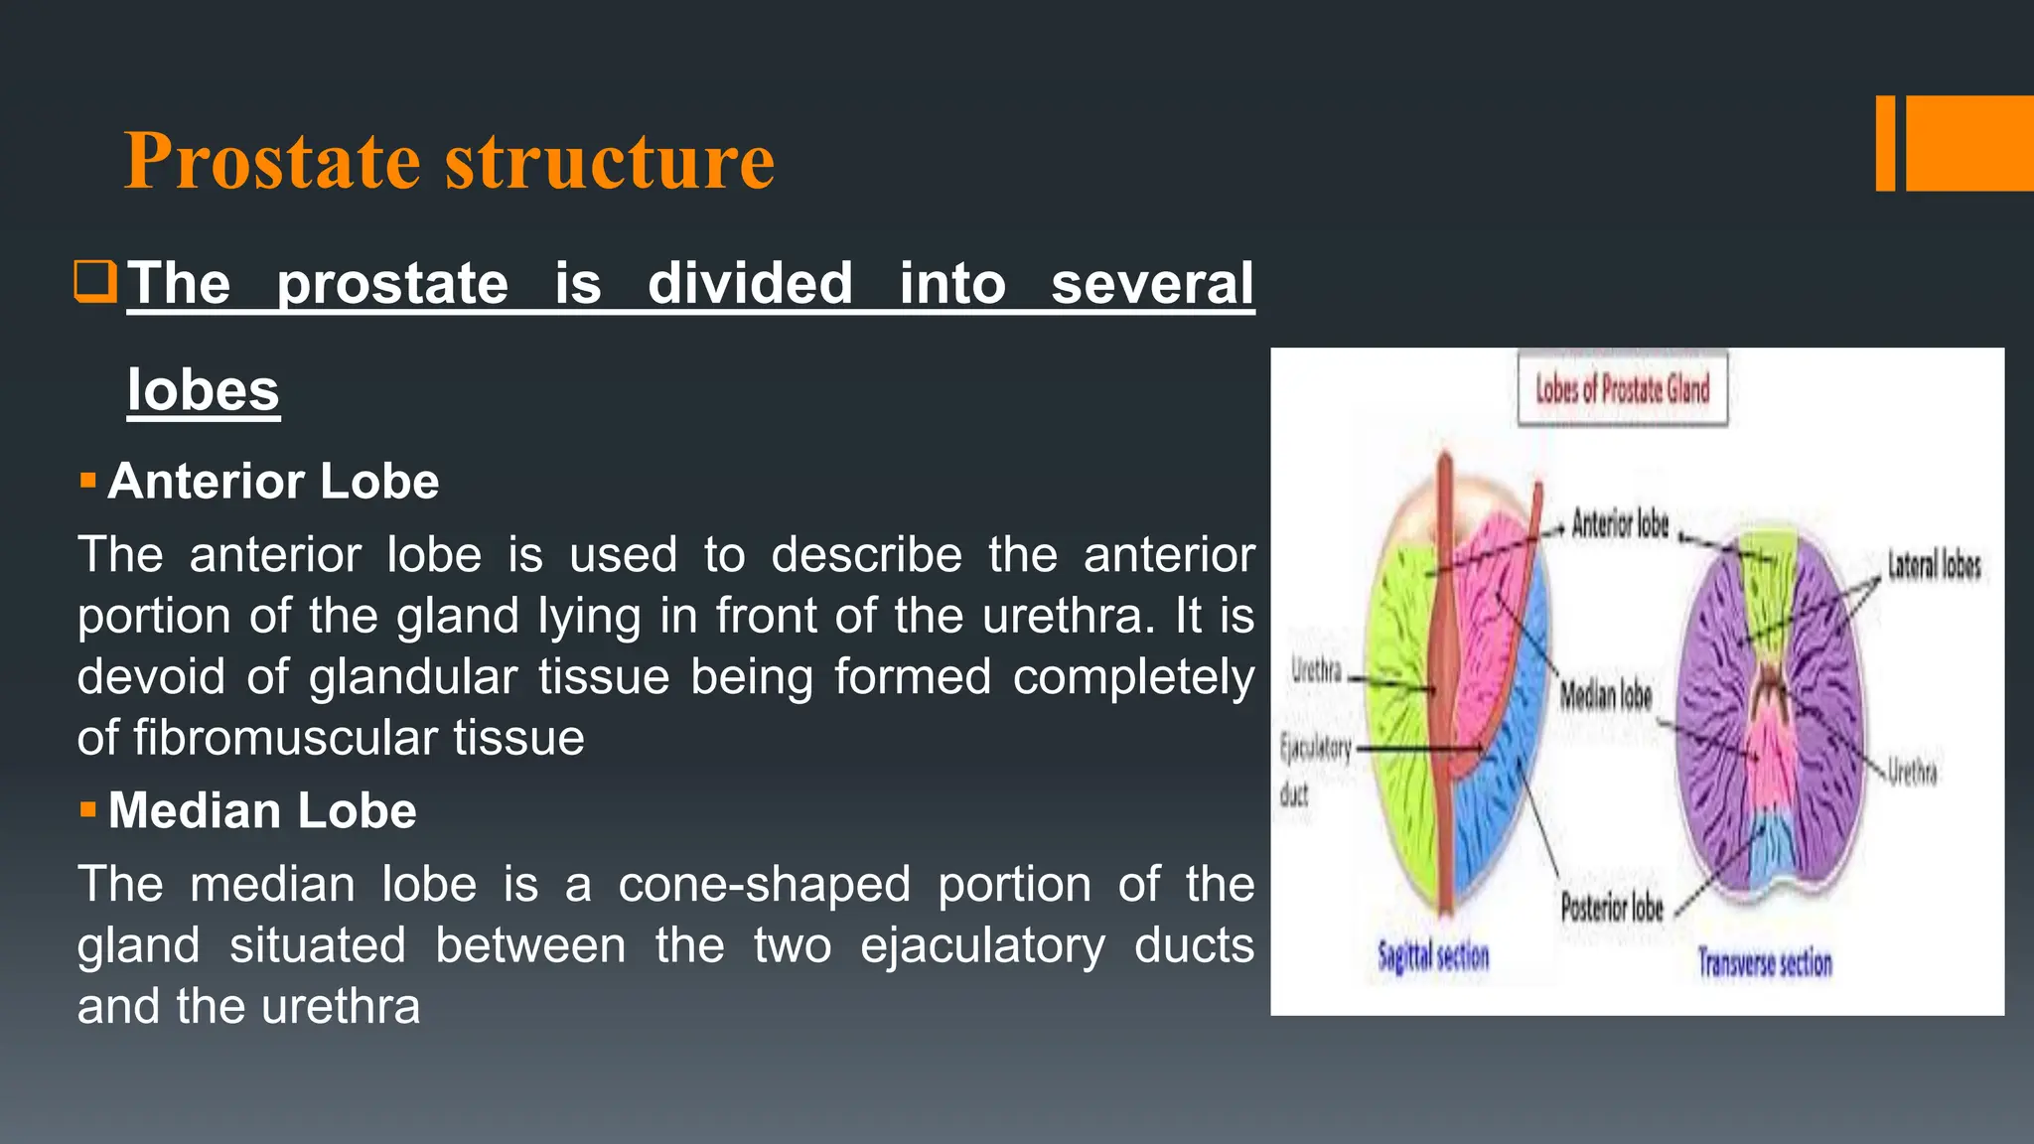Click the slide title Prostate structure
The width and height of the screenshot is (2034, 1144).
coord(449,160)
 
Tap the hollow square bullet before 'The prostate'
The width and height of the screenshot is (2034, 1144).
coord(96,281)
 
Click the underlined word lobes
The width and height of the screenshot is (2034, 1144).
coord(204,390)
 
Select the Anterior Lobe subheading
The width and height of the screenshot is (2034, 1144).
coord(273,482)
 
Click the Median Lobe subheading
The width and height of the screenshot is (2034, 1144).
coord(262,811)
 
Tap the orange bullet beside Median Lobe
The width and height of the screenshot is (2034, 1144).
coord(88,810)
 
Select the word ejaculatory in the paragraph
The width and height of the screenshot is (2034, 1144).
coord(982,945)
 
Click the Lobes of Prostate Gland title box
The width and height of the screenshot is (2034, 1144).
coord(1622,389)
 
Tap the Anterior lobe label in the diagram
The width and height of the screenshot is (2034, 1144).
coord(1620,523)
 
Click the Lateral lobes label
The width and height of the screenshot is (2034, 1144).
coord(1934,566)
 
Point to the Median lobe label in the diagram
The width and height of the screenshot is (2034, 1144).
coord(1605,695)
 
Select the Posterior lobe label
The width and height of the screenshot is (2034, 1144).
coord(1611,907)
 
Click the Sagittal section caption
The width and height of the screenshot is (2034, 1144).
coord(1433,957)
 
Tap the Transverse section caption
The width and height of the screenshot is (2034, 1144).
coord(1765,963)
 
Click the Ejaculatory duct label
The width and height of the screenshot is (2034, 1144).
coord(1313,769)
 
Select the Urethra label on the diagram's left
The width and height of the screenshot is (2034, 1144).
coord(1316,670)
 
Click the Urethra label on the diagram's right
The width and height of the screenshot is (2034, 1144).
coord(1912,772)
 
